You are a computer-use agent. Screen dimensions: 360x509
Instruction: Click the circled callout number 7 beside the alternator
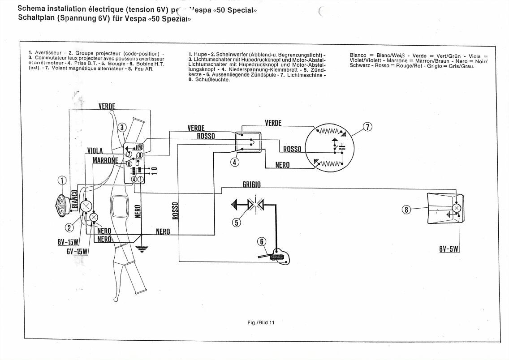[x=367, y=127]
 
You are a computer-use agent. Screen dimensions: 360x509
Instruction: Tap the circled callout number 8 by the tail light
[x=406, y=209]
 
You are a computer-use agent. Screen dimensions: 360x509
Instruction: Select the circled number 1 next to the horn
[x=62, y=180]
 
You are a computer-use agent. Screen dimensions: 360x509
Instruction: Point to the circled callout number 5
[x=237, y=222]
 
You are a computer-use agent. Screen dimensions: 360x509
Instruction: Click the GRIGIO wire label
[x=251, y=184]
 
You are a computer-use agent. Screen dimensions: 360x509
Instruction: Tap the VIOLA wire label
[x=95, y=150]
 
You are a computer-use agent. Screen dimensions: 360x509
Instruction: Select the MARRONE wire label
[x=105, y=160]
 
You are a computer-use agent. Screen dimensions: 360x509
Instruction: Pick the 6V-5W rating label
[x=449, y=249]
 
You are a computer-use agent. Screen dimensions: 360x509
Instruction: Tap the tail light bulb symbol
[x=457, y=208]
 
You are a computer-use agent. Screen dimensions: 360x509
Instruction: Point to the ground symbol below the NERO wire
[x=142, y=249]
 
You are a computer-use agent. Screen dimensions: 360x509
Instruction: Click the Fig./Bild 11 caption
[x=260, y=322]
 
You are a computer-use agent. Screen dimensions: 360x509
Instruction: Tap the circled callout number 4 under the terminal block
[x=235, y=162]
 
